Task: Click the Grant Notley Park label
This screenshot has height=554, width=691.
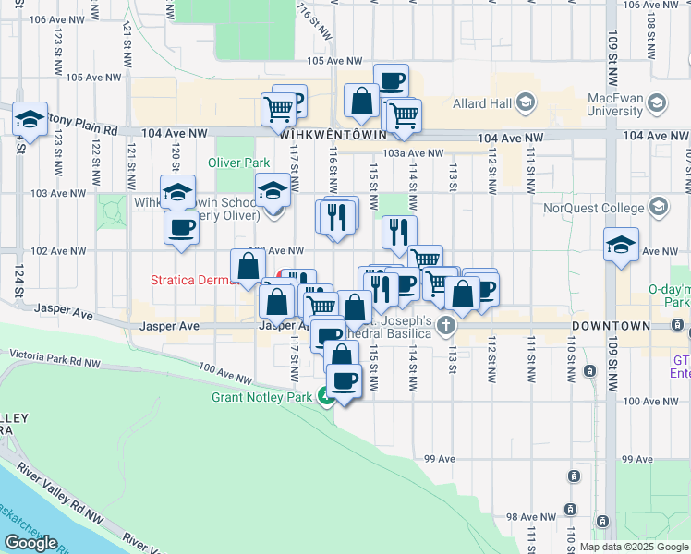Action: pos(263,398)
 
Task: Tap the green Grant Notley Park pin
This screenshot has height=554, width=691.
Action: pos(325,396)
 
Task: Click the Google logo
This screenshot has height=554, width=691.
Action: pos(31,542)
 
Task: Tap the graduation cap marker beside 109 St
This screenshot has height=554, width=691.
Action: pos(622,245)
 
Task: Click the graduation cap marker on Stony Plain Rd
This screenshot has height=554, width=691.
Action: pos(30,118)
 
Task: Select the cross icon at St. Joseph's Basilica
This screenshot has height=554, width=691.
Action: pos(446,325)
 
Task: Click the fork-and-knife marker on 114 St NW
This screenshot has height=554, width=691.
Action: pos(399,232)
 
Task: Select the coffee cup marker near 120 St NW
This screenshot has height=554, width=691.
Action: pos(181,228)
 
